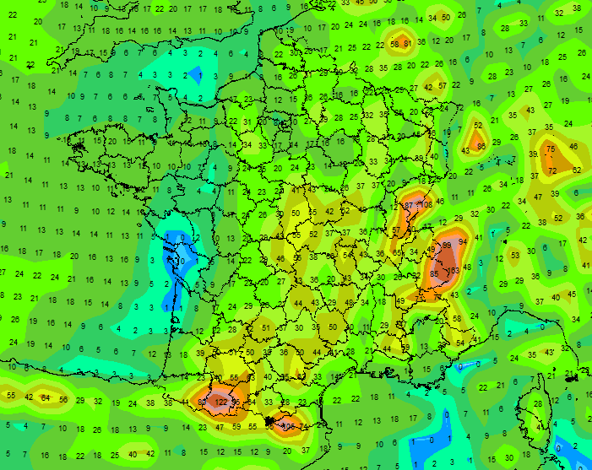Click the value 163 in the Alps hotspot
(x=454, y=271)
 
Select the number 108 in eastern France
(x=426, y=204)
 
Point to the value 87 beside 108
(x=409, y=205)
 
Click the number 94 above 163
(x=463, y=241)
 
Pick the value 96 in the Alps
(x=447, y=245)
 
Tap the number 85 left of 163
(x=434, y=273)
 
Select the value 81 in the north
(x=407, y=43)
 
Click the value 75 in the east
(x=551, y=149)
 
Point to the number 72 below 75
(x=551, y=171)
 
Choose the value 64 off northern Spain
(x=46, y=398)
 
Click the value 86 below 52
(x=481, y=147)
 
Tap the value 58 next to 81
(x=394, y=44)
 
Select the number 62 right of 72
(x=577, y=170)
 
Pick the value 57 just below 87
(x=396, y=230)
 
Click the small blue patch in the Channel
(x=195, y=75)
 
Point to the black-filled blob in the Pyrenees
(x=269, y=419)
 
